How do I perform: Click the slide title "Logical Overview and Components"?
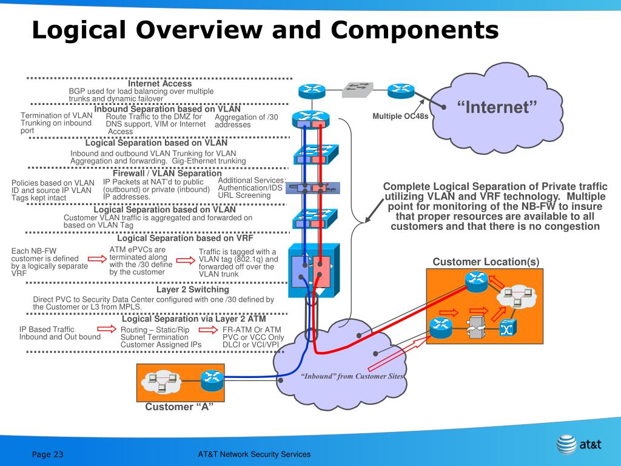point(265,29)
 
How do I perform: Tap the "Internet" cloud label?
point(497,108)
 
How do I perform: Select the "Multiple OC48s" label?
point(400,116)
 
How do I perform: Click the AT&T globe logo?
point(566,444)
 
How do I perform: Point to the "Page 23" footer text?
point(48,454)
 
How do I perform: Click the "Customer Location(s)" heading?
point(486,262)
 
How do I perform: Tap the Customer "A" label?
point(180,407)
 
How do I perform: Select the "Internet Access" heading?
point(159,83)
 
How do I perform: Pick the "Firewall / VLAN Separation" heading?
point(167,173)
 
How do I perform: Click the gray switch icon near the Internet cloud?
point(357,90)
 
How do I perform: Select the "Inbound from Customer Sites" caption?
point(352,376)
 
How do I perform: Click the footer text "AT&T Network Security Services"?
point(254,454)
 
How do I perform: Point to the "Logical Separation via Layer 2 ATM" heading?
point(194,319)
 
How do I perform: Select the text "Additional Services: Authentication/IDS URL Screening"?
point(251,188)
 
